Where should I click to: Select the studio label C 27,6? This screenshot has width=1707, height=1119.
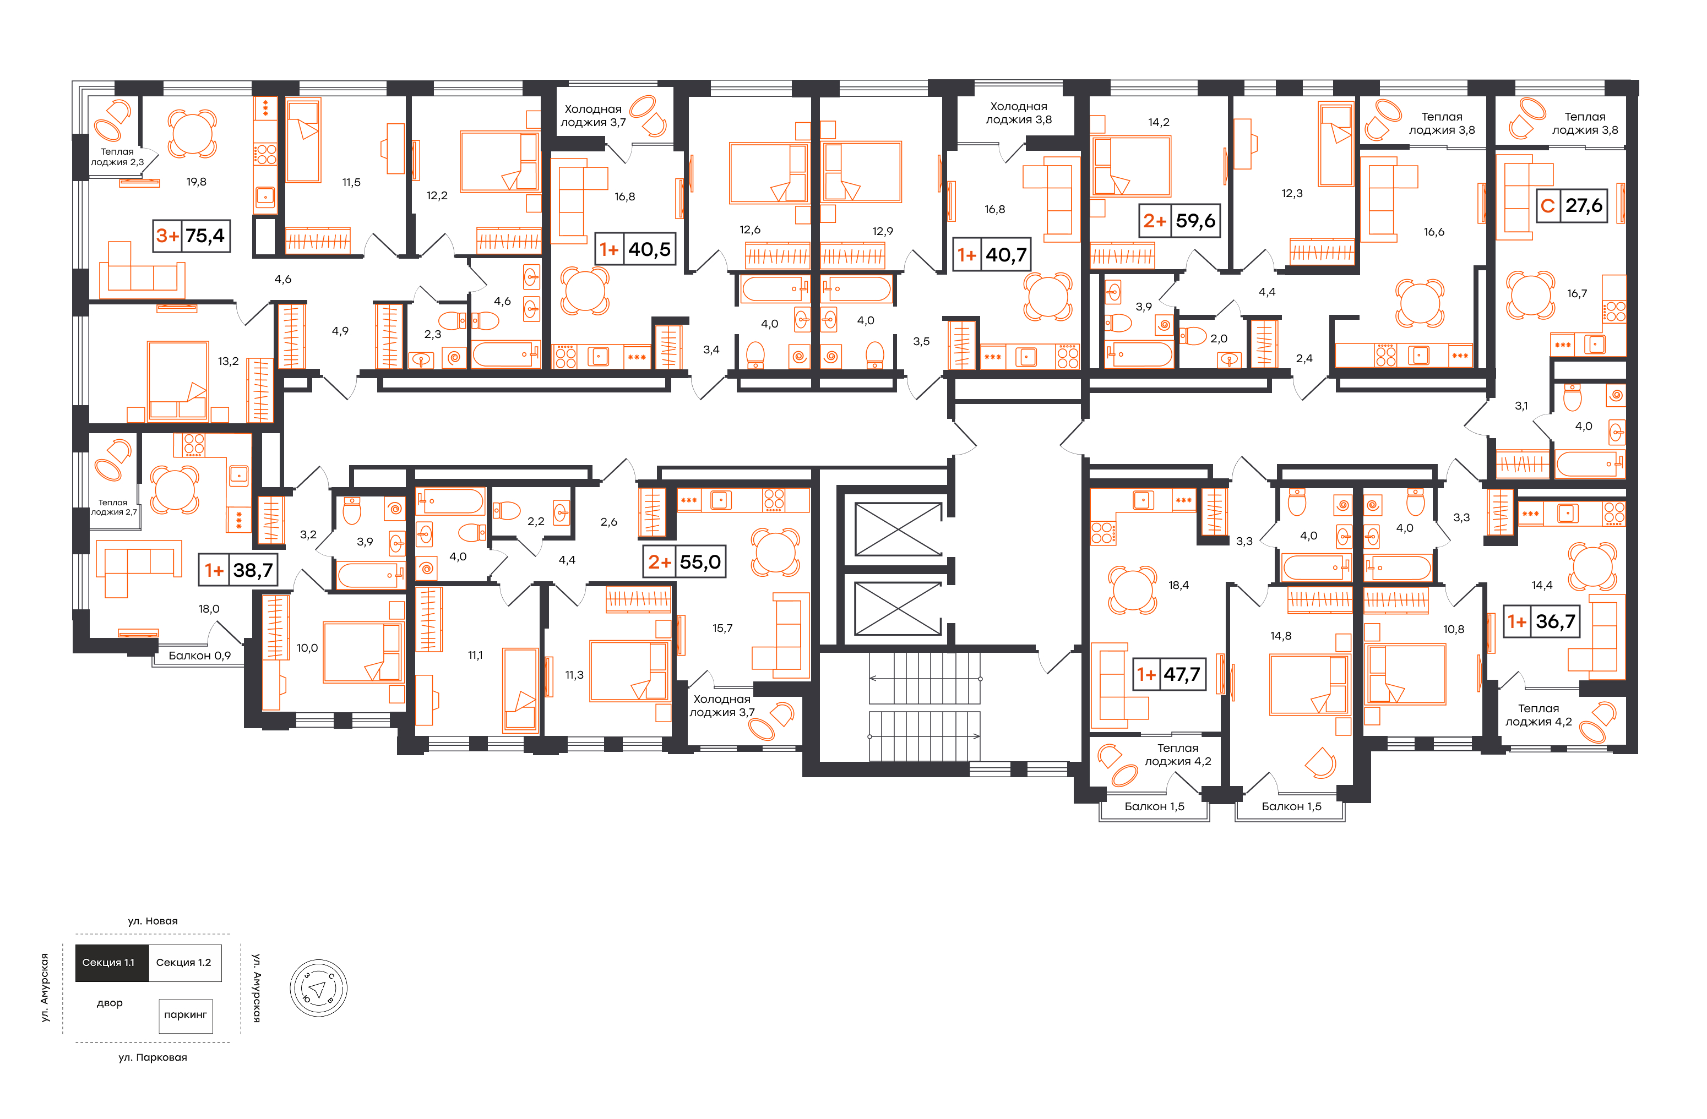[1572, 206]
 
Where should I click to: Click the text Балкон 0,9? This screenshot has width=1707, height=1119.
[199, 656]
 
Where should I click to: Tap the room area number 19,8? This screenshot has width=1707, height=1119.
[197, 182]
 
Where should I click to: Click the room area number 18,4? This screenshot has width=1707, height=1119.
[1178, 586]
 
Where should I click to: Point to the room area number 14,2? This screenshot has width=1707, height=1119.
[1159, 123]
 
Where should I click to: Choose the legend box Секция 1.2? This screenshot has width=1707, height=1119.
[184, 963]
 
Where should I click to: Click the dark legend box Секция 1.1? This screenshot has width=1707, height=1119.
[111, 963]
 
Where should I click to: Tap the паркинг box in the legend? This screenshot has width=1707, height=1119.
[186, 1016]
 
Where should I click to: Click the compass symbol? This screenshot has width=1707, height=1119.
[318, 989]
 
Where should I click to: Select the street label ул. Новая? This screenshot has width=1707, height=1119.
[153, 921]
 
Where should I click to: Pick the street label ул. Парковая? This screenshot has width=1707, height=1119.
[153, 1057]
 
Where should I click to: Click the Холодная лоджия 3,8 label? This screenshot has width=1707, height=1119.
[1019, 113]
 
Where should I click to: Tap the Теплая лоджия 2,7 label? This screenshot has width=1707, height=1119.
[113, 507]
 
